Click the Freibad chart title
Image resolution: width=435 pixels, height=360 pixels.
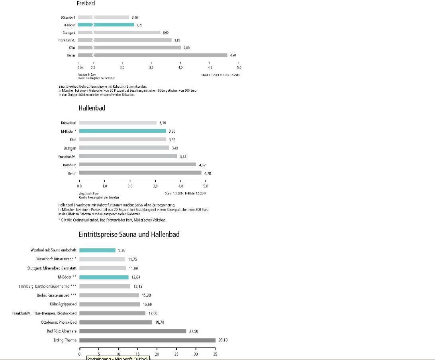click(x=86, y=3)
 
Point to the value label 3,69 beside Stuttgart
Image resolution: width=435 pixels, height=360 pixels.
click(x=166, y=32)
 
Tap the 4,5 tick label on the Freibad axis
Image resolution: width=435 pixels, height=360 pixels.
click(x=210, y=68)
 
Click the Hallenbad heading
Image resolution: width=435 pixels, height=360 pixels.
click(x=92, y=108)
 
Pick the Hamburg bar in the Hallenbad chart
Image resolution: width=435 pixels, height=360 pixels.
click(x=137, y=164)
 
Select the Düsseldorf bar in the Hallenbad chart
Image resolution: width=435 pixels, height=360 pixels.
click(x=118, y=123)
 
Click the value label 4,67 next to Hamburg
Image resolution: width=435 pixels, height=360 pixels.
click(x=202, y=165)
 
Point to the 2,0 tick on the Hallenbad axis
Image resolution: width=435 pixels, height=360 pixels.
click(x=130, y=186)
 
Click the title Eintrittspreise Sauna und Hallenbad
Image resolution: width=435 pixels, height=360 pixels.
click(x=129, y=234)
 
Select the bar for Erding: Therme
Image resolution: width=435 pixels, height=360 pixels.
click(x=147, y=340)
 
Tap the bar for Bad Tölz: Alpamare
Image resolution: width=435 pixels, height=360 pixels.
click(x=133, y=331)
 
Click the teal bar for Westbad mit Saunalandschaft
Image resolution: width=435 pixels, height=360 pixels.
click(x=97, y=250)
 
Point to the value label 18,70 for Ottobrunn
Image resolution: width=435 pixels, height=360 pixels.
click(x=159, y=322)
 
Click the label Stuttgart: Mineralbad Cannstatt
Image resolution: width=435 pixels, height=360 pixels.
click(x=49, y=268)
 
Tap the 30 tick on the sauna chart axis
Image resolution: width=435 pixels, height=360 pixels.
click(x=196, y=354)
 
